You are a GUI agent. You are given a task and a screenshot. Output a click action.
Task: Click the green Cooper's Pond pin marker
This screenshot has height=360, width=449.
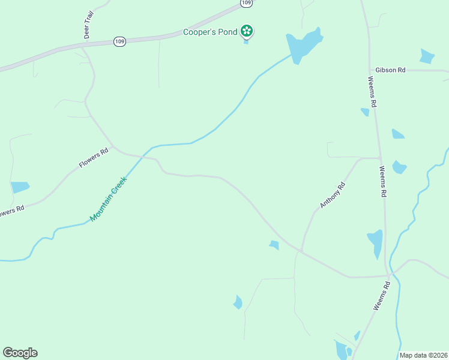pos(246,31)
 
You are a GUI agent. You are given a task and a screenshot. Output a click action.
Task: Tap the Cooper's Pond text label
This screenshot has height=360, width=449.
pos(211,31)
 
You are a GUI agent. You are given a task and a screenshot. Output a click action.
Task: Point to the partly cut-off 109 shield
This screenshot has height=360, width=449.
pos(246,3)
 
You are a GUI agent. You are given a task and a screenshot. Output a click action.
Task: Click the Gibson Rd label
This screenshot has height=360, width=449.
pos(390,70)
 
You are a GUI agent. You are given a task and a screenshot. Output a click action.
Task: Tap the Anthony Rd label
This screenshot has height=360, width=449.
pos(333,196)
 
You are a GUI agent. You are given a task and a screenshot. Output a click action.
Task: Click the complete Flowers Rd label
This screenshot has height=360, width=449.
pos(94,157)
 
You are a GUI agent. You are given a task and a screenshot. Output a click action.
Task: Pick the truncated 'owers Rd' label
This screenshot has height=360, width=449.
pos(11,211)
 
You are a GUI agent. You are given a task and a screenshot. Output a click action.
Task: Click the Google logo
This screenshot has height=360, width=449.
pos(20,353)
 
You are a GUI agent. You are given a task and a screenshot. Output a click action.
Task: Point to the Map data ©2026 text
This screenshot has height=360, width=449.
pos(424,355)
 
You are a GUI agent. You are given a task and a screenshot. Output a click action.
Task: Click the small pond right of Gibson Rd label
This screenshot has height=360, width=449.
pos(427,56)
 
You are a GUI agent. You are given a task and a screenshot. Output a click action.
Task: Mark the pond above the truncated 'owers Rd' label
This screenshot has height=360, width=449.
pos(20,187)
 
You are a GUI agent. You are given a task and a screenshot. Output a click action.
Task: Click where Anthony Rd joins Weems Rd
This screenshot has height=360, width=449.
pos(379,158)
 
